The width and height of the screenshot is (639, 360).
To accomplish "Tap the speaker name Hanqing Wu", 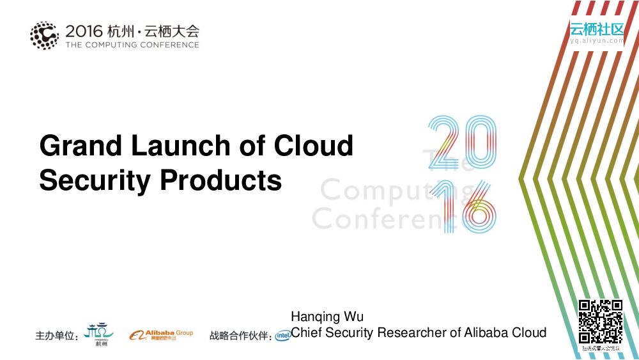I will point(327,317).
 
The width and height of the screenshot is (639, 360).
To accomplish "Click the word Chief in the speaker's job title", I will point(307,333).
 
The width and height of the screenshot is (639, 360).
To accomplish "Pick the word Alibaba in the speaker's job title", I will point(486,333).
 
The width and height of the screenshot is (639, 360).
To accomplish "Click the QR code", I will point(600,322).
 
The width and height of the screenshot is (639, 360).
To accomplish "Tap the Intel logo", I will point(282,336).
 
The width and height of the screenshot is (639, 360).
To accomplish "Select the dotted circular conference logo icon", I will point(44,35).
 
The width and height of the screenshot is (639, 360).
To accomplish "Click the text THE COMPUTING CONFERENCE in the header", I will point(132,45).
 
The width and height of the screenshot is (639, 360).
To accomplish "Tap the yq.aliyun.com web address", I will point(597,41).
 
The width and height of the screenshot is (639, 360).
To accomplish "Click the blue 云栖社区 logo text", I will point(597,29).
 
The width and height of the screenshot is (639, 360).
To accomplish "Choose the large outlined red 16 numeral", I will point(461,206).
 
